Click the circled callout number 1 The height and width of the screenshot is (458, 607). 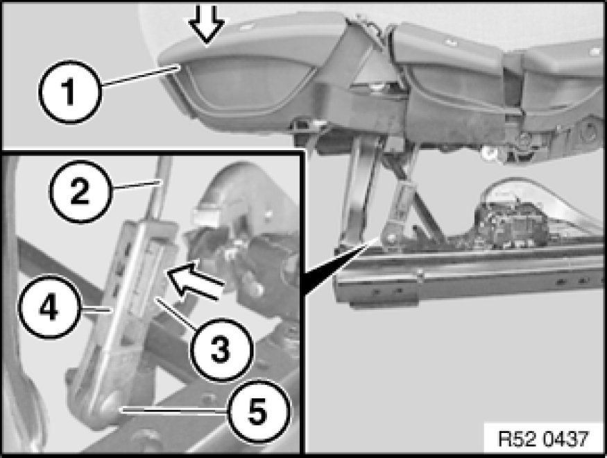pos(70,92)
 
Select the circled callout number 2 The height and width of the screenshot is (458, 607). pos(80,191)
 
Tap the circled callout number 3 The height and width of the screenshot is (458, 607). pos(221,350)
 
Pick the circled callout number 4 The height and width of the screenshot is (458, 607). pos(49,306)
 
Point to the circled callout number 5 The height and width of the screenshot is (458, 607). pos(257,411)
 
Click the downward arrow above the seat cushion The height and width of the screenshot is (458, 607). pos(206,22)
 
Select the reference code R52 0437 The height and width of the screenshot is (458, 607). pos(543,439)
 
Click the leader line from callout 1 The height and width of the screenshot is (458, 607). pos(139,76)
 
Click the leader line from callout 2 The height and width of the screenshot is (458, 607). pos(135,184)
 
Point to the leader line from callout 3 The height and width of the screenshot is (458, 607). pos(176,312)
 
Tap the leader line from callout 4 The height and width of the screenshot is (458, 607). pos(95,309)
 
